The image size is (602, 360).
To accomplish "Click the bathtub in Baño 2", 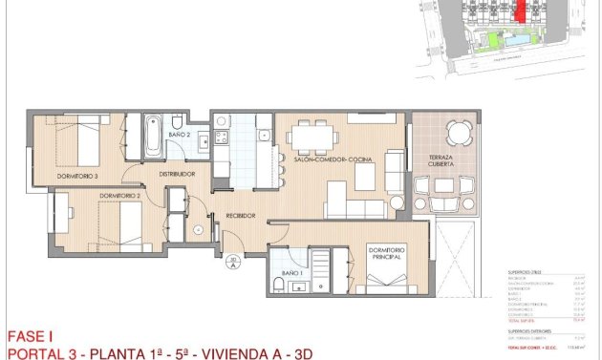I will tap(153, 137).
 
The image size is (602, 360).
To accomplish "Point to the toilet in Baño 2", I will tap(177, 122).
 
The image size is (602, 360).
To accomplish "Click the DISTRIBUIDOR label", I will tap(177, 174).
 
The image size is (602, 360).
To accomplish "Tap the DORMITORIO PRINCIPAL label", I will tap(384, 253).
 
